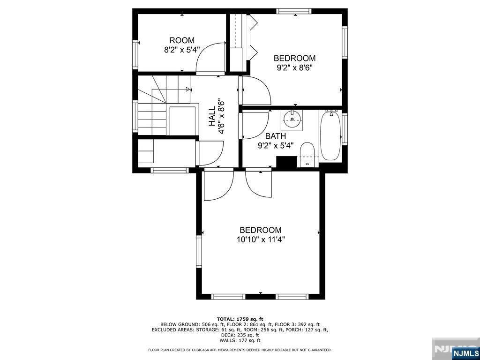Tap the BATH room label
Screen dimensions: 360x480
click(276, 136)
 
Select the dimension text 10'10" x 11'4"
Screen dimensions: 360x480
click(261, 239)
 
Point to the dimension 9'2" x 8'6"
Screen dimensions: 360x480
click(294, 67)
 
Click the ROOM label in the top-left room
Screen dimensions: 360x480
click(182, 40)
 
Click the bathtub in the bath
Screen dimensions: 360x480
click(331, 136)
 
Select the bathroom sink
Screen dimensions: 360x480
click(292, 119)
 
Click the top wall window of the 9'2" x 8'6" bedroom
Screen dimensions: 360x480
click(294, 11)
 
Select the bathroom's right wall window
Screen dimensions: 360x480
click(345, 127)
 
